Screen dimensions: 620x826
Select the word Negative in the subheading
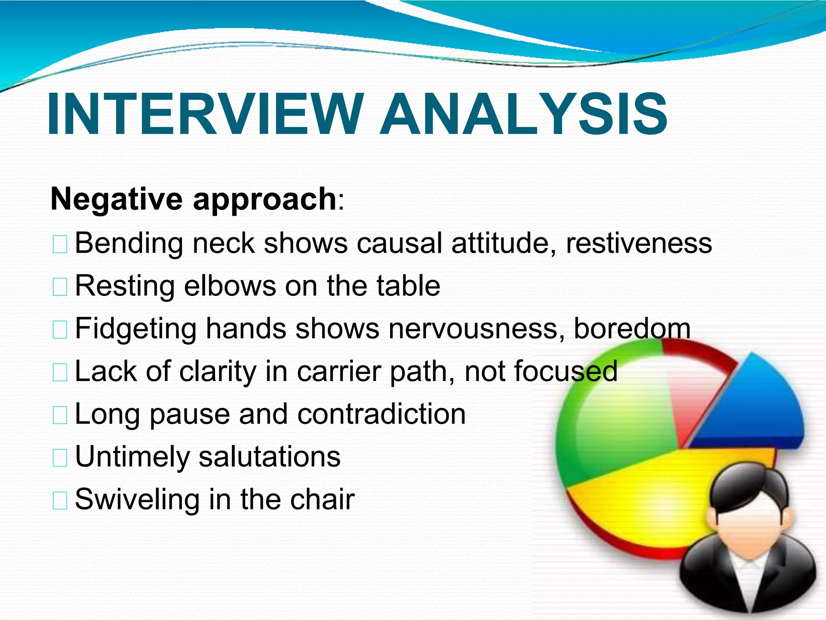click(x=117, y=200)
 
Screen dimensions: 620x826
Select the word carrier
click(x=339, y=371)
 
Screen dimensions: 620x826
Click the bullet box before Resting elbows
click(x=60, y=287)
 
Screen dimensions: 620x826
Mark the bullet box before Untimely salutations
click(x=60, y=458)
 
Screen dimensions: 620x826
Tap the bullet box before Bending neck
click(x=60, y=245)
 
